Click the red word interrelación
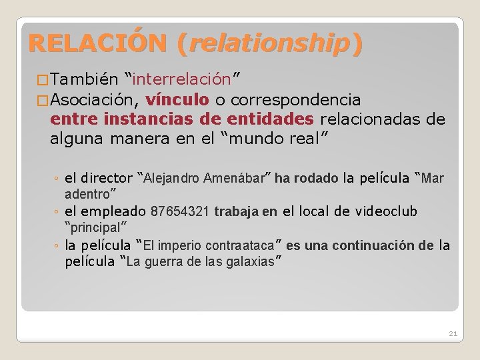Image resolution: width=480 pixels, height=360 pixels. (182, 80)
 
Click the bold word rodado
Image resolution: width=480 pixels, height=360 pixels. (316, 178)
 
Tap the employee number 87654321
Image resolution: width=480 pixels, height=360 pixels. (181, 212)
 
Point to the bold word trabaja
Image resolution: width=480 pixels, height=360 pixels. (237, 212)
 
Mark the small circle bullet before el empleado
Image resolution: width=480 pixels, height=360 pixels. (57, 213)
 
